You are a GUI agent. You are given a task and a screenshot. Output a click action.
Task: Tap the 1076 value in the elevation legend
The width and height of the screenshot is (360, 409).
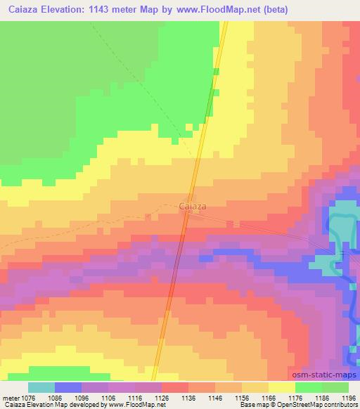coord(29,398)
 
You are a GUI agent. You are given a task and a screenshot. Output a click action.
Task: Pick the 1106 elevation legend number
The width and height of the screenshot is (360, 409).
coord(109,398)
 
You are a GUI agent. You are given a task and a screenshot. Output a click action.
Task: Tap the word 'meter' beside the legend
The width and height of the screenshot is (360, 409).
coord(11,398)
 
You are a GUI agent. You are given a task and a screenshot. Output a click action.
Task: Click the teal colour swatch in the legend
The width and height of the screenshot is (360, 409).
coord(41,387)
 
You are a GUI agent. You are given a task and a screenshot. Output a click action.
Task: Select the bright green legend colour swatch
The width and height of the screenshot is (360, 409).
coord(309,387)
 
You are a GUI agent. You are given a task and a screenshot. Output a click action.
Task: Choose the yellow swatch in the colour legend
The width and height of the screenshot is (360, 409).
coord(282,387)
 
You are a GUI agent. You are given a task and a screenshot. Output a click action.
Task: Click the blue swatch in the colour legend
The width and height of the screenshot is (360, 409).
coord(68,387)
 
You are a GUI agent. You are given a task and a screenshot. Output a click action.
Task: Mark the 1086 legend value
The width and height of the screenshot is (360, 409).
coord(57,398)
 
